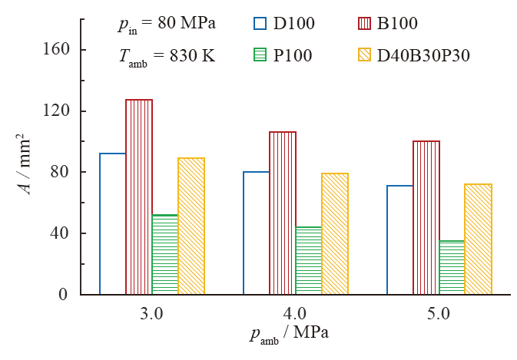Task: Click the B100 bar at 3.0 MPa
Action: (x=139, y=197)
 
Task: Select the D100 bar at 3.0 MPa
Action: (x=113, y=223)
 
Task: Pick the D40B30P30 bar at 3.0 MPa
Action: (x=191, y=226)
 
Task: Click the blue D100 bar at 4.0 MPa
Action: (x=257, y=233)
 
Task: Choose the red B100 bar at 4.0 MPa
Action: (x=283, y=213)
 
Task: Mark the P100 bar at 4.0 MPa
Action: (x=309, y=260)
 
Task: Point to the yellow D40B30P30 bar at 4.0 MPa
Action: (x=335, y=233)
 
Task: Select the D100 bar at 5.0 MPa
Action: (x=400, y=239)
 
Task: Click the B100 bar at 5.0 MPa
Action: (x=426, y=217)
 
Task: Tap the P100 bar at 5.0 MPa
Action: (x=452, y=267)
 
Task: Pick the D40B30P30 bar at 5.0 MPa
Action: (x=478, y=239)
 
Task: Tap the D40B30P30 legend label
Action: (x=423, y=55)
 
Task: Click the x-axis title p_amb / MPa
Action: (x=293, y=335)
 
